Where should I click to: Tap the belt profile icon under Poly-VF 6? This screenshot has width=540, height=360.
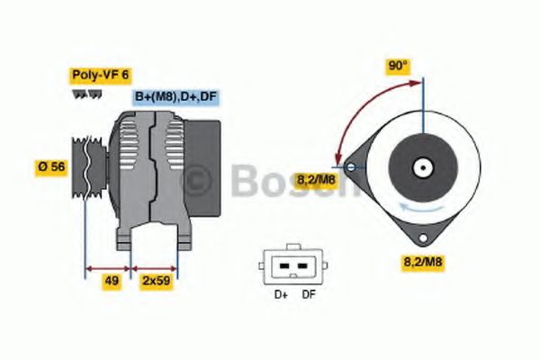[84, 94]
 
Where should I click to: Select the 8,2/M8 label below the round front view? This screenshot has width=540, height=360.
[422, 262]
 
